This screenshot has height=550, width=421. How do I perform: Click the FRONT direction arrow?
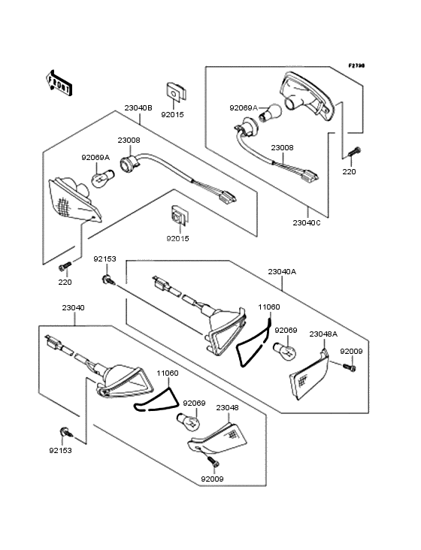coord(59,83)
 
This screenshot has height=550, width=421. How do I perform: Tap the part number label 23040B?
coord(138,107)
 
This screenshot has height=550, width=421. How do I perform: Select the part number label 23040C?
coord(307,222)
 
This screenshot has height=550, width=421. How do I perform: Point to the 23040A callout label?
coord(282,271)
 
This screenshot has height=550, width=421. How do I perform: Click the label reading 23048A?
coord(323,334)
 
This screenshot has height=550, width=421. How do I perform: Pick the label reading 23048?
coord(227,407)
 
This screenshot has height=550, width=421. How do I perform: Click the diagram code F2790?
coord(356,65)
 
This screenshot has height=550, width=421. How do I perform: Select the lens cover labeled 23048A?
coord(309,375)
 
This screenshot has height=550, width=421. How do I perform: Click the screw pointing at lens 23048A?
coord(350,367)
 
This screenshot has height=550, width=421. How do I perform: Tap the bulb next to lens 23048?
coord(188,422)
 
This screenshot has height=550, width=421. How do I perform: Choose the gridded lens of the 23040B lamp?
coord(74,201)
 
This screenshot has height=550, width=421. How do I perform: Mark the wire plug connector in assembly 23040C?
coord(311,174)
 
